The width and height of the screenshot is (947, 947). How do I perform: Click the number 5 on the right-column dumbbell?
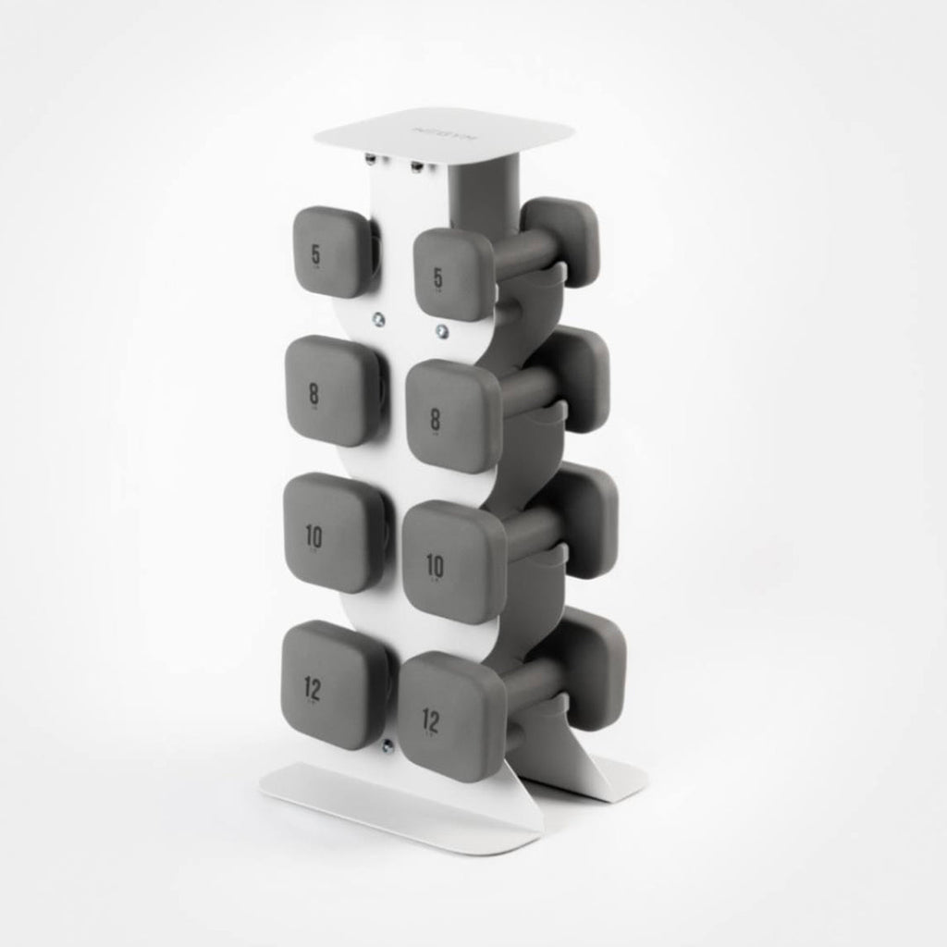point(437,277)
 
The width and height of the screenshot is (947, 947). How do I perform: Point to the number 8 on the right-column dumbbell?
point(435,420)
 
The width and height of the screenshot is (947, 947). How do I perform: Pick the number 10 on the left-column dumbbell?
point(314,535)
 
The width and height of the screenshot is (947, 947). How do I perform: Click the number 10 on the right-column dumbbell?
point(433,564)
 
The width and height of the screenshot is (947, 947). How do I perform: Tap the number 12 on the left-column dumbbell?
point(314,685)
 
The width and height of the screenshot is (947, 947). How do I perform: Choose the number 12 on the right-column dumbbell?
point(431,718)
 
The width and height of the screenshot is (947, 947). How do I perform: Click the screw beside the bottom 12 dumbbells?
point(387,742)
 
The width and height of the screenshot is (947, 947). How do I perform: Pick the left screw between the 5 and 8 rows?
point(378,319)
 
